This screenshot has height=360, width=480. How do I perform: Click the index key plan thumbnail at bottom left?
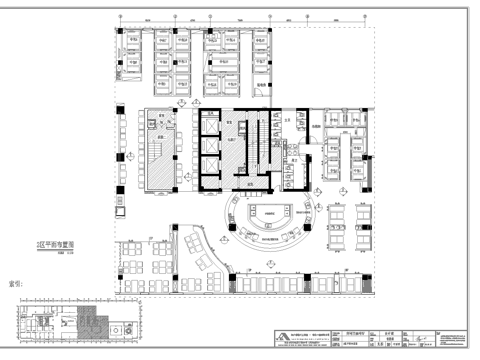tap(70, 323)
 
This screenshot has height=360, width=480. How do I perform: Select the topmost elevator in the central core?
tap(208, 124)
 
